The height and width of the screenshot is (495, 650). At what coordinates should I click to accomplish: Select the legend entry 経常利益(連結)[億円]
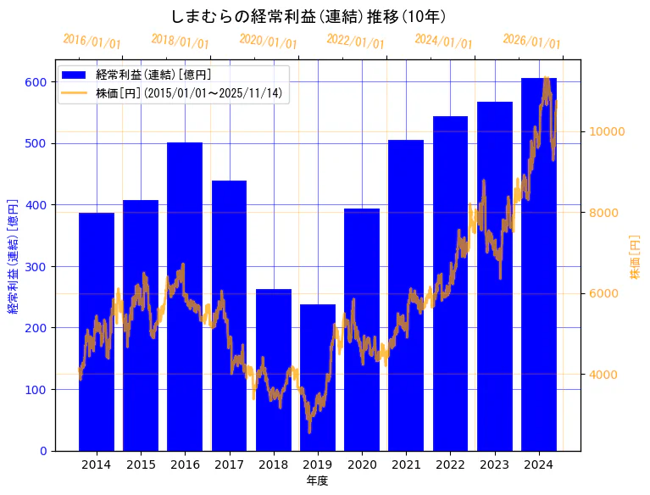coord(153,75)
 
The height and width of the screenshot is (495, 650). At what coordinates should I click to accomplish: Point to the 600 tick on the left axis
coord(36,82)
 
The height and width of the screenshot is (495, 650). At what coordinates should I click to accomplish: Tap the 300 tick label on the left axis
coord(36,267)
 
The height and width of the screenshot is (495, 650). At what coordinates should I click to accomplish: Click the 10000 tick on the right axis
coord(608,131)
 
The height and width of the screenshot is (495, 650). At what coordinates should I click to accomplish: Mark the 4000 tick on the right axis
coord(604,375)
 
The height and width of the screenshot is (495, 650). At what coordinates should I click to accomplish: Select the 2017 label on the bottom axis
coord(229,464)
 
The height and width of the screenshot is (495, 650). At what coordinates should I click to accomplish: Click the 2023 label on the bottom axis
coord(494,464)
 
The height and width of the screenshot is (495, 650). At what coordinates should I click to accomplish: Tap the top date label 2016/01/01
coord(92,42)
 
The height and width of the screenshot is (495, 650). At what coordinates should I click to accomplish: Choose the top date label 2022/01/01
coord(355,42)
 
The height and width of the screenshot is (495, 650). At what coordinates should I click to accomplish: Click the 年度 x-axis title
coord(317,481)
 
